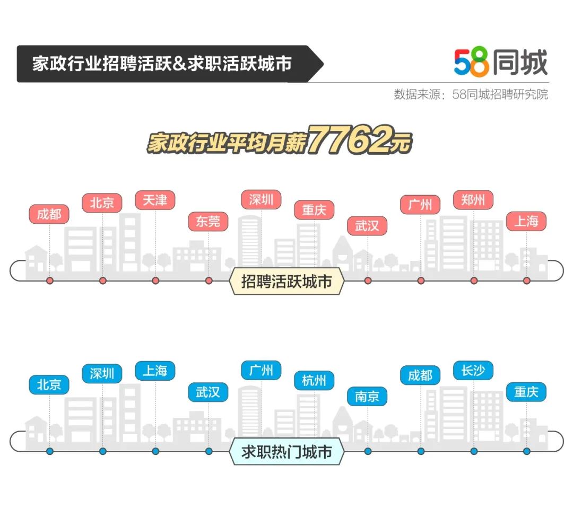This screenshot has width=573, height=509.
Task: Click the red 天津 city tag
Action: (155, 200)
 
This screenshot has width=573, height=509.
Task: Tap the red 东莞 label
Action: (208, 221)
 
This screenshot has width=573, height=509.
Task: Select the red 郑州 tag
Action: (473, 200)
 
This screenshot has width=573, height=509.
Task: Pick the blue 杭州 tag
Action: (314, 381)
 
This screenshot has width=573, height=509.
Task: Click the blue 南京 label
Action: (367, 396)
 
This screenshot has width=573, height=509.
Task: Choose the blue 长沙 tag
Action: (473, 371)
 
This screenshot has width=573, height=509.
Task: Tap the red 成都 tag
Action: (49, 214)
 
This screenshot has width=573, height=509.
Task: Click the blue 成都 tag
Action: (420, 375)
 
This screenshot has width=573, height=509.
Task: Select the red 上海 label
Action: (526, 221)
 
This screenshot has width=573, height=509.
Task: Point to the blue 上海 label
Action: (155, 371)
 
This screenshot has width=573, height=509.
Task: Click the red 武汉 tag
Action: (367, 226)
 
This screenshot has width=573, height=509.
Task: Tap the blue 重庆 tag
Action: (526, 392)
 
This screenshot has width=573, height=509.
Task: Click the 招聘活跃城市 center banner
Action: (286, 281)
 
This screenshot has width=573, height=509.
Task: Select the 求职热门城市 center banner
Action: (286, 452)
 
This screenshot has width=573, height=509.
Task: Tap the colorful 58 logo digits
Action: (472, 62)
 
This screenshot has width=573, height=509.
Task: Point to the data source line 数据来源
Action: (471, 94)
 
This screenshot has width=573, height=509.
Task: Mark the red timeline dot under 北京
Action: (103, 280)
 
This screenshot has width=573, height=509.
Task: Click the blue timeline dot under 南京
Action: (368, 451)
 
